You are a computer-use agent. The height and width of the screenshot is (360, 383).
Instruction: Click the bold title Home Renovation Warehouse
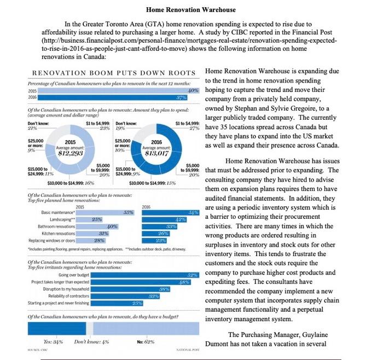pyautogui.click(x=191, y=10)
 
